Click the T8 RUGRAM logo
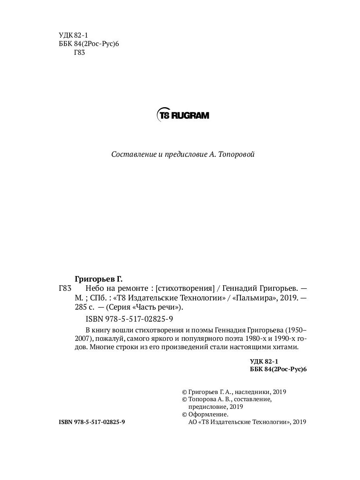click(183, 115)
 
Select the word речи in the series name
click(170, 308)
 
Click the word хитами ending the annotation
click(286, 347)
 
